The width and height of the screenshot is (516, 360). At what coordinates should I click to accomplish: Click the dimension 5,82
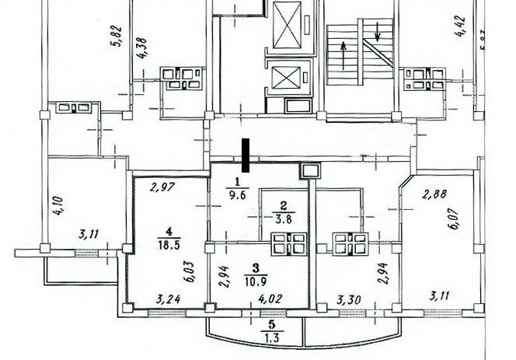118,37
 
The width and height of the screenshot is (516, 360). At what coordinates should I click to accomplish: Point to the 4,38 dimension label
144,48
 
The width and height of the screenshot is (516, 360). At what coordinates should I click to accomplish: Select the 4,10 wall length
58,206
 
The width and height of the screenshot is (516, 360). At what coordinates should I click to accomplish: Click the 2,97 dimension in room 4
162,187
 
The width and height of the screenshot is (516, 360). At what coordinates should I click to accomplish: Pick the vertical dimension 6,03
191,272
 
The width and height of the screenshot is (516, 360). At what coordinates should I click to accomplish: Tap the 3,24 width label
168,299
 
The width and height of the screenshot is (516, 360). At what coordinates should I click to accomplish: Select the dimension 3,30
349,300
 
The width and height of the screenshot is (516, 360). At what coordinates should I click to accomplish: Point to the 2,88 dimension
434,194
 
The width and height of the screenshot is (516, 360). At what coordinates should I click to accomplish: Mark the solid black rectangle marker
246,156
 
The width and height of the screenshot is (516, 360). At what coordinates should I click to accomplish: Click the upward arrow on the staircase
343,55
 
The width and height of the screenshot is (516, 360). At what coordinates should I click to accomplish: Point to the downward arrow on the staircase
377,30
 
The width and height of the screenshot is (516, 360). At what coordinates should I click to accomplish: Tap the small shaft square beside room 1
309,171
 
